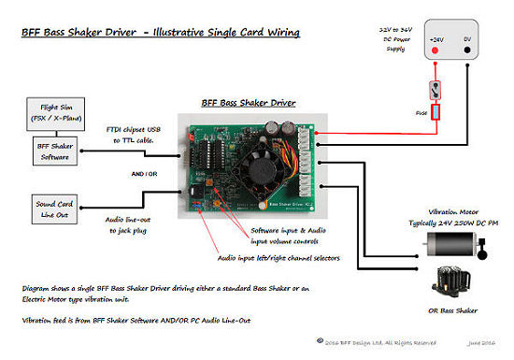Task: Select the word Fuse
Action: tap(421, 114)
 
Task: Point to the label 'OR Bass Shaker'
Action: tap(453, 310)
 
